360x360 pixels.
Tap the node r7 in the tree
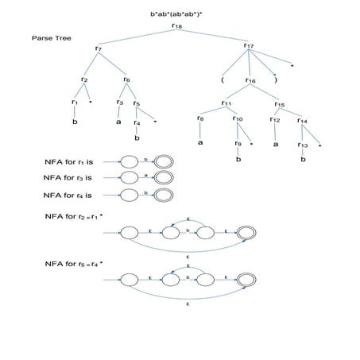[x=98, y=49]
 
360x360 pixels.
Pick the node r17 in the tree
[x=249, y=46]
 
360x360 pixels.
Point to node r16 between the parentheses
[x=250, y=79]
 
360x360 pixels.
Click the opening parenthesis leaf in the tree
[x=225, y=80]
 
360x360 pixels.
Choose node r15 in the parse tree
[x=280, y=103]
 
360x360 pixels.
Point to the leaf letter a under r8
[x=199, y=142]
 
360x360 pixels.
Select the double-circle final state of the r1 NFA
[x=163, y=161]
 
